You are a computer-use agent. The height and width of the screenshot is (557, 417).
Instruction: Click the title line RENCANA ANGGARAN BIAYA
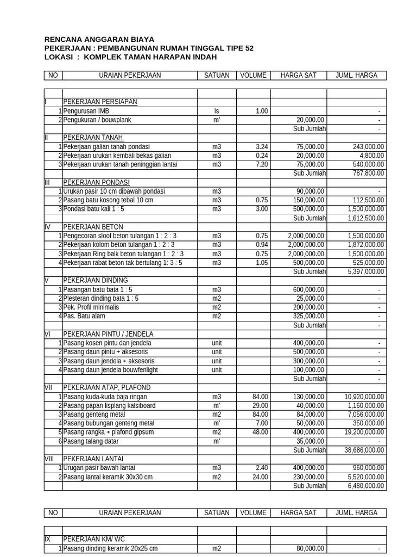99,39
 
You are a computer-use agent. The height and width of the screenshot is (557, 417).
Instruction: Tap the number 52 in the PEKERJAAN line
249,48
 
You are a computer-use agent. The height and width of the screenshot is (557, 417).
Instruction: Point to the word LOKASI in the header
58,57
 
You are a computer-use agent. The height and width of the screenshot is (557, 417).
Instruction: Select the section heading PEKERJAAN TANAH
93,138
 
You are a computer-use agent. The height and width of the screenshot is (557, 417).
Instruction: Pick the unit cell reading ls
217,111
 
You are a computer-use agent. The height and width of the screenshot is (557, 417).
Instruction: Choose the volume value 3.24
262,147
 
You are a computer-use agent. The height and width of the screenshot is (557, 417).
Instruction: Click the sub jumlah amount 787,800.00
366,174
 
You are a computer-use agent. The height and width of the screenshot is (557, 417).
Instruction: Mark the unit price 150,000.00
306,200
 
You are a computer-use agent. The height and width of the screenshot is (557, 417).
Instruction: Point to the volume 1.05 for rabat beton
262,263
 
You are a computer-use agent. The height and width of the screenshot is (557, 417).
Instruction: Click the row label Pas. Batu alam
84,316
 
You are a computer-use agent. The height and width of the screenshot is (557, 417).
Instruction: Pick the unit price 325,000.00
306,316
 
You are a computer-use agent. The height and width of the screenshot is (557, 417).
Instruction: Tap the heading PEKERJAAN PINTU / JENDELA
109,334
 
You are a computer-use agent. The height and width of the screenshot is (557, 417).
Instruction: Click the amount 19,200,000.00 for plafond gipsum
364,432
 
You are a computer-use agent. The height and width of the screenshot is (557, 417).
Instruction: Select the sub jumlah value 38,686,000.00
364,450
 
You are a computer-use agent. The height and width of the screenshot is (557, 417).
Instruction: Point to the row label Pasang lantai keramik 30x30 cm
108,477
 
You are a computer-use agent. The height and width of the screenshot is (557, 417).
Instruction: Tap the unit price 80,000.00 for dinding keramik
308,548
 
